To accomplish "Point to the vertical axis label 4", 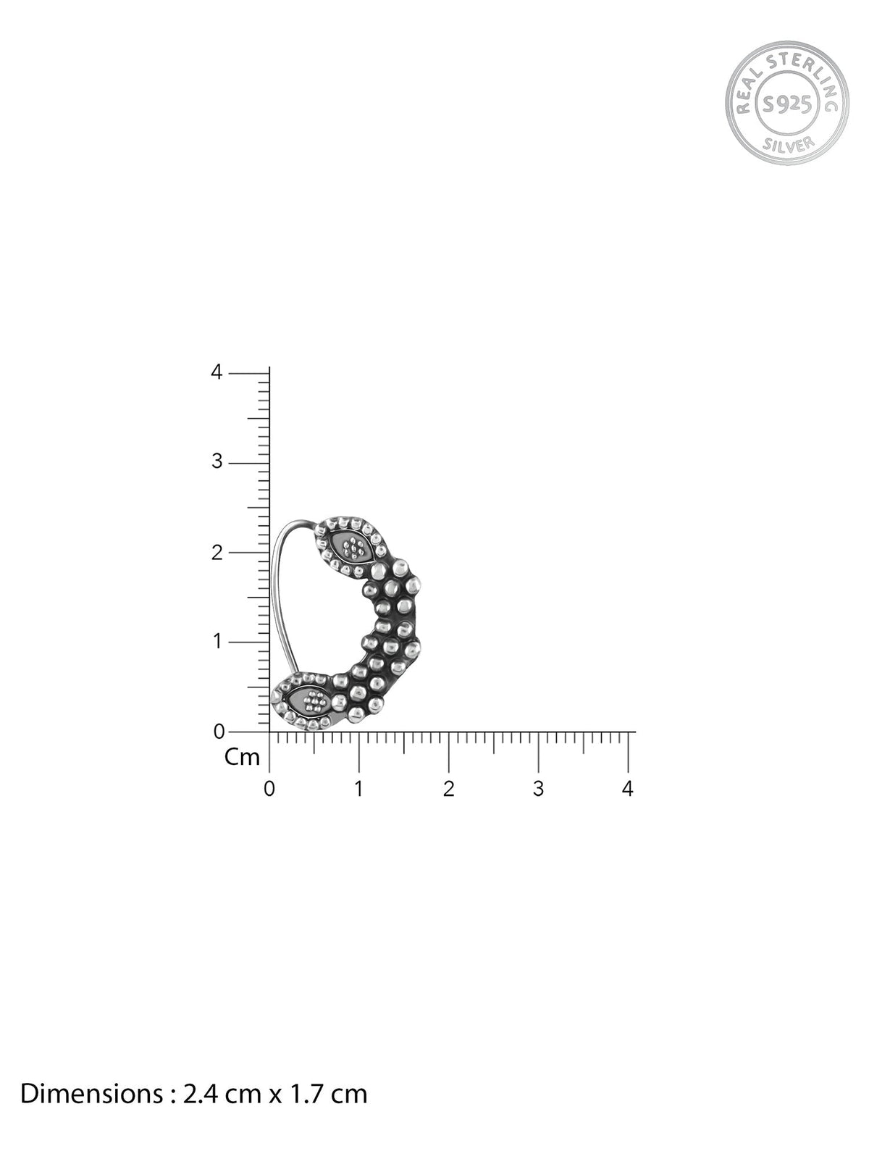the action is click(x=217, y=372).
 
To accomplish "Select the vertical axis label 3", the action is click(x=217, y=461).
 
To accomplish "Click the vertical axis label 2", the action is click(x=217, y=552).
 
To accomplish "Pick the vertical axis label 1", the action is click(x=217, y=641).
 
